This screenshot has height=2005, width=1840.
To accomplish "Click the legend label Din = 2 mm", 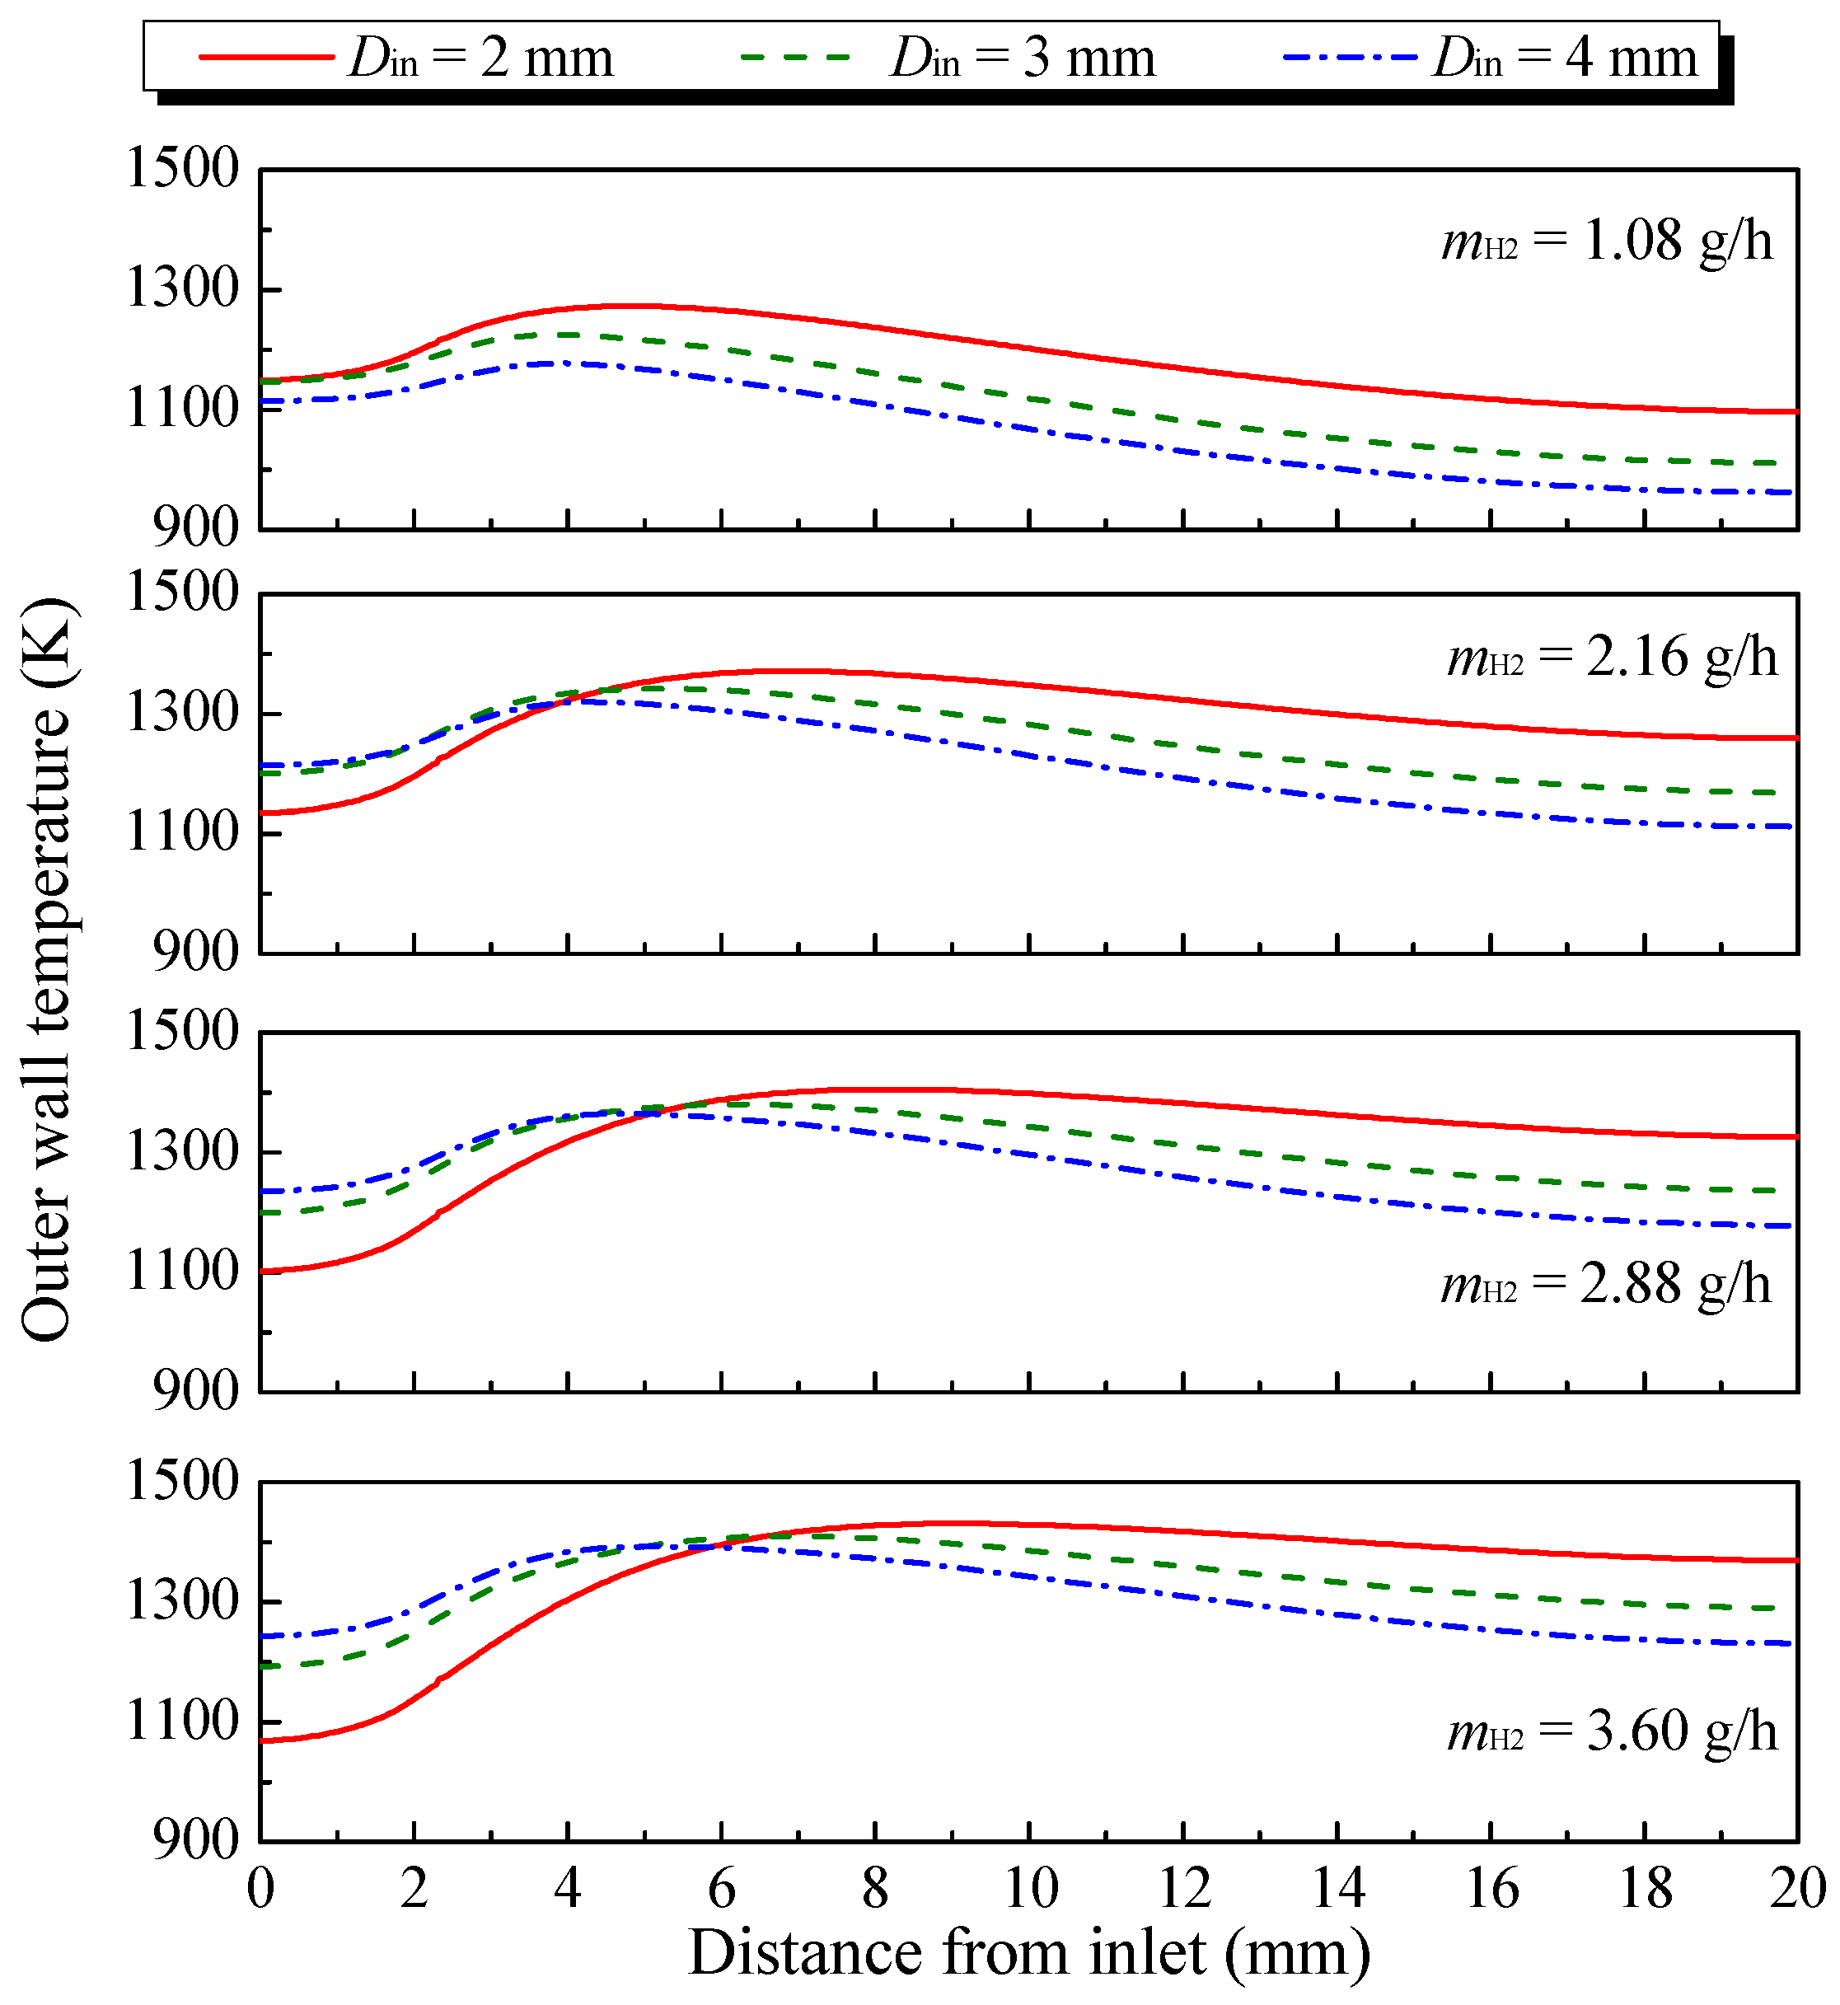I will click(x=482, y=58).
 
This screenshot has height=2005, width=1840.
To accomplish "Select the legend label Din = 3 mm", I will click(x=1023, y=58).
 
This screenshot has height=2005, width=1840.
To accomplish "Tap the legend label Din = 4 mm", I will click(x=1566, y=58).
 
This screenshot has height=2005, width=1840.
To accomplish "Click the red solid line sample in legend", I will click(x=266, y=58).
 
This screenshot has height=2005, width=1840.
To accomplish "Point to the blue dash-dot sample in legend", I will click(x=1350, y=58).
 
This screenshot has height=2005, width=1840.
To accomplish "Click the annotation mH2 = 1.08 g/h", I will click(x=1607, y=242).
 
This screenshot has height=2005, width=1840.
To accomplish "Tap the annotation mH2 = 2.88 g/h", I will click(x=1606, y=1284).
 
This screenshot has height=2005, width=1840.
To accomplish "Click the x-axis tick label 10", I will click(x=1029, y=1889).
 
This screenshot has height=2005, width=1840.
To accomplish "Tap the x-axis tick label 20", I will click(x=1796, y=1889).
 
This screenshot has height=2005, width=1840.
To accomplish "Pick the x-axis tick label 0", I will click(x=261, y=1889).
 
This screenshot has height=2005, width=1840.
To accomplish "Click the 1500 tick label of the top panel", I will click(x=183, y=168).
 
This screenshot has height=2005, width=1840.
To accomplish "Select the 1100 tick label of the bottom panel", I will click(x=183, y=1722).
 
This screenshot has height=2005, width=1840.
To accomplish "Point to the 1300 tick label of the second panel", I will click(x=183, y=714).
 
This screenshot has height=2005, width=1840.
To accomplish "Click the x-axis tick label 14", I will click(x=1337, y=1889).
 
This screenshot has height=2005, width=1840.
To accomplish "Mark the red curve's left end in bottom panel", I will click(x=262, y=1741).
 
